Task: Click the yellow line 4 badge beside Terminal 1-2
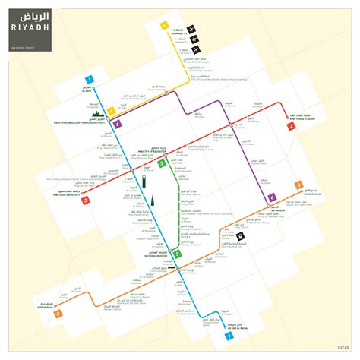[163, 27]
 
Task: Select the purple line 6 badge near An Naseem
[272, 198]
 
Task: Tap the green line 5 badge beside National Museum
[177, 254]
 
